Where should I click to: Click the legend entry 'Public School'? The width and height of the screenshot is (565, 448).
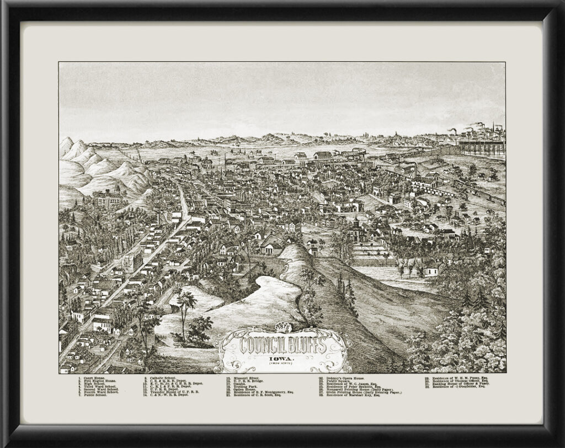click(x=93, y=395)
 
